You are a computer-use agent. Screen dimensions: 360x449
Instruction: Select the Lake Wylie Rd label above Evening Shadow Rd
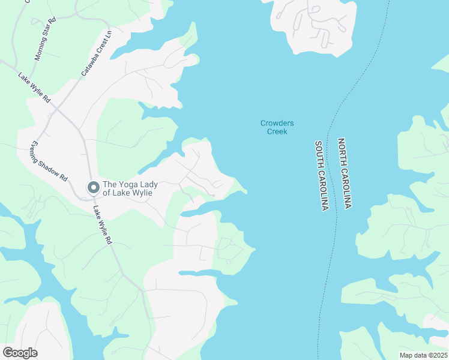(34, 88)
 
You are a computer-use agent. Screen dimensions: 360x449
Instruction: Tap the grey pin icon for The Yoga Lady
(93, 188)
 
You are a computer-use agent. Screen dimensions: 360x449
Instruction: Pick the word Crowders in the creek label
(277, 123)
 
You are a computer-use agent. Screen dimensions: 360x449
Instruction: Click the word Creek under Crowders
(277, 131)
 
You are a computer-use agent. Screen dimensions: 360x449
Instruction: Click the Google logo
(20, 352)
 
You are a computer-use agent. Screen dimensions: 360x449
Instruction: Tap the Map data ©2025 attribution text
(423, 355)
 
